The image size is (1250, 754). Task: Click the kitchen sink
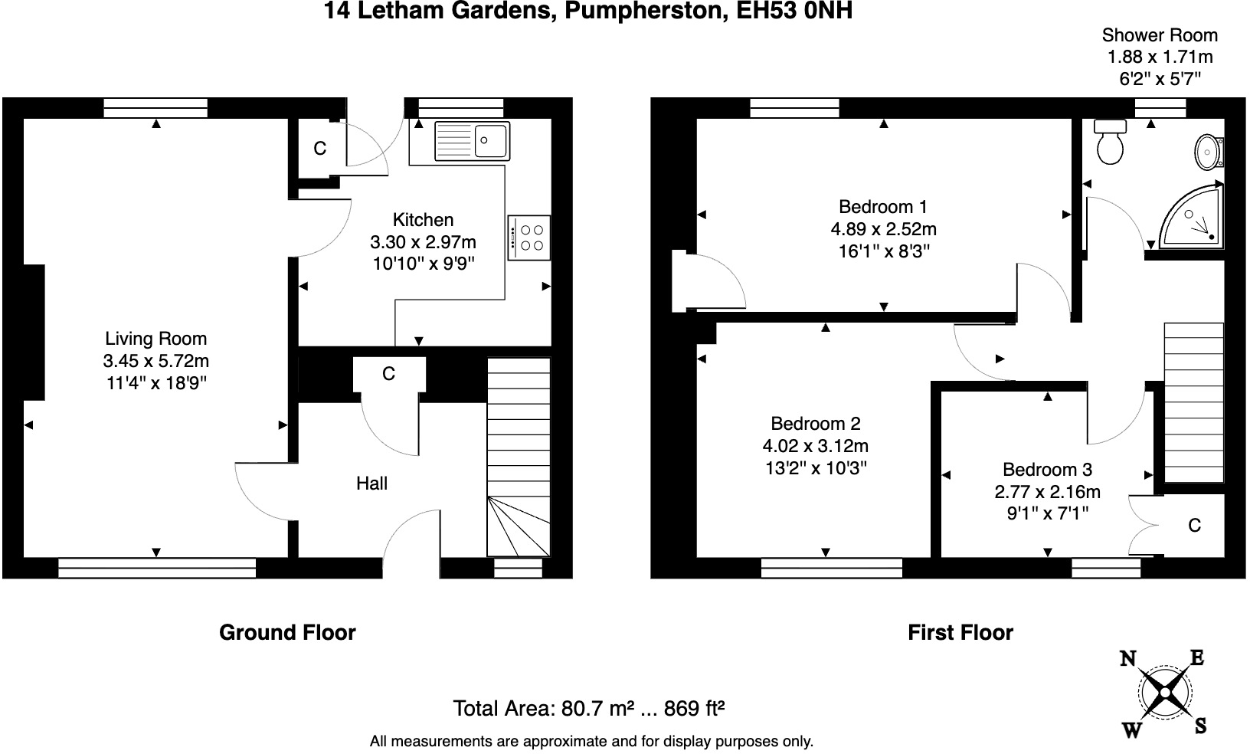pyautogui.click(x=472, y=139)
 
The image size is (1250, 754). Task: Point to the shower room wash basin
pyautogui.click(x=1208, y=151)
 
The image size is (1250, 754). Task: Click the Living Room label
pyautogui.click(x=155, y=339)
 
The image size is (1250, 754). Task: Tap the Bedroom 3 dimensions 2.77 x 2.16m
pyautogui.click(x=1047, y=491)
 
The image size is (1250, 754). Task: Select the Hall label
pyautogui.click(x=371, y=484)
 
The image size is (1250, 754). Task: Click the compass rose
pyautogui.click(x=1164, y=693)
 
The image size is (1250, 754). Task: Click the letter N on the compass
pyautogui.click(x=1127, y=659)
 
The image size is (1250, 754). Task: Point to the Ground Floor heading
pyautogui.click(x=287, y=632)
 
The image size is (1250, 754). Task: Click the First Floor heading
pyautogui.click(x=960, y=632)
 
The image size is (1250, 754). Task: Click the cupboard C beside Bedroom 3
pyautogui.click(x=1193, y=525)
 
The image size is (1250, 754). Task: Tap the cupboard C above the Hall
pyautogui.click(x=388, y=373)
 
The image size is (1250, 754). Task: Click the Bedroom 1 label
pyautogui.click(x=882, y=206)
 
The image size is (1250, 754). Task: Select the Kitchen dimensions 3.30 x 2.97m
pyautogui.click(x=423, y=242)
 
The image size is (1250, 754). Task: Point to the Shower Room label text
pyautogui.click(x=1159, y=35)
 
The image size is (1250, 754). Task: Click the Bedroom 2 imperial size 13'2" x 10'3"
pyautogui.click(x=815, y=467)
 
